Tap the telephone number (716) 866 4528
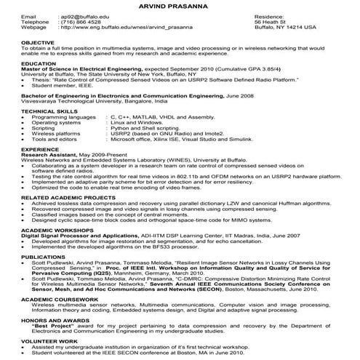tap(81, 21)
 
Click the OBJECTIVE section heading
tap(36, 43)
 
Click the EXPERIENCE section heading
tap(40, 148)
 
